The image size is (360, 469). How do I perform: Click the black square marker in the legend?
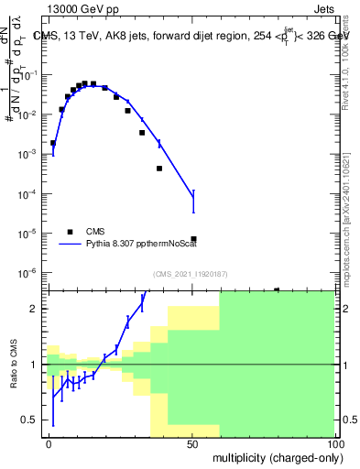pos(70,232)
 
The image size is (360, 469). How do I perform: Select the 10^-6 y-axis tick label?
pos(32,273)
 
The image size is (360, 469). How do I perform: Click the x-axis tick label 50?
pos(192,442)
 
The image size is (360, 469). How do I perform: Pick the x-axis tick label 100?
pos(334,442)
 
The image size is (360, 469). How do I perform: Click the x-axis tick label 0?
pos(49,442)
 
